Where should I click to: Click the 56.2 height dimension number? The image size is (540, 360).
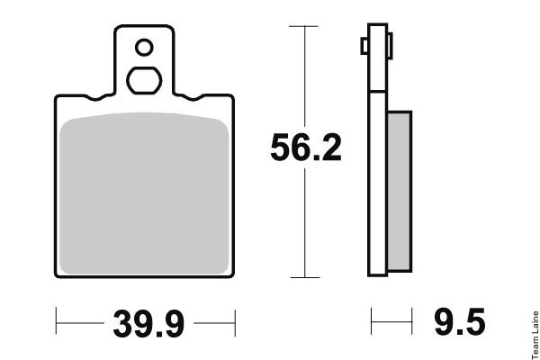[306, 148]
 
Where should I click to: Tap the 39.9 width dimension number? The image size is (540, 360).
[148, 323]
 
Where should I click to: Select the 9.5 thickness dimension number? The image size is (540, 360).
[460, 322]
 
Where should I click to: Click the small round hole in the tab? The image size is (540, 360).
[144, 47]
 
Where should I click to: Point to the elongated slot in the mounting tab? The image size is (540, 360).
[144, 80]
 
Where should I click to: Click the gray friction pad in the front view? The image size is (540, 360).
[144, 193]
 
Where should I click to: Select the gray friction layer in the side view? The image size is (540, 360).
[400, 191]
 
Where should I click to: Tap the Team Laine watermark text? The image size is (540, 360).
[535, 335]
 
